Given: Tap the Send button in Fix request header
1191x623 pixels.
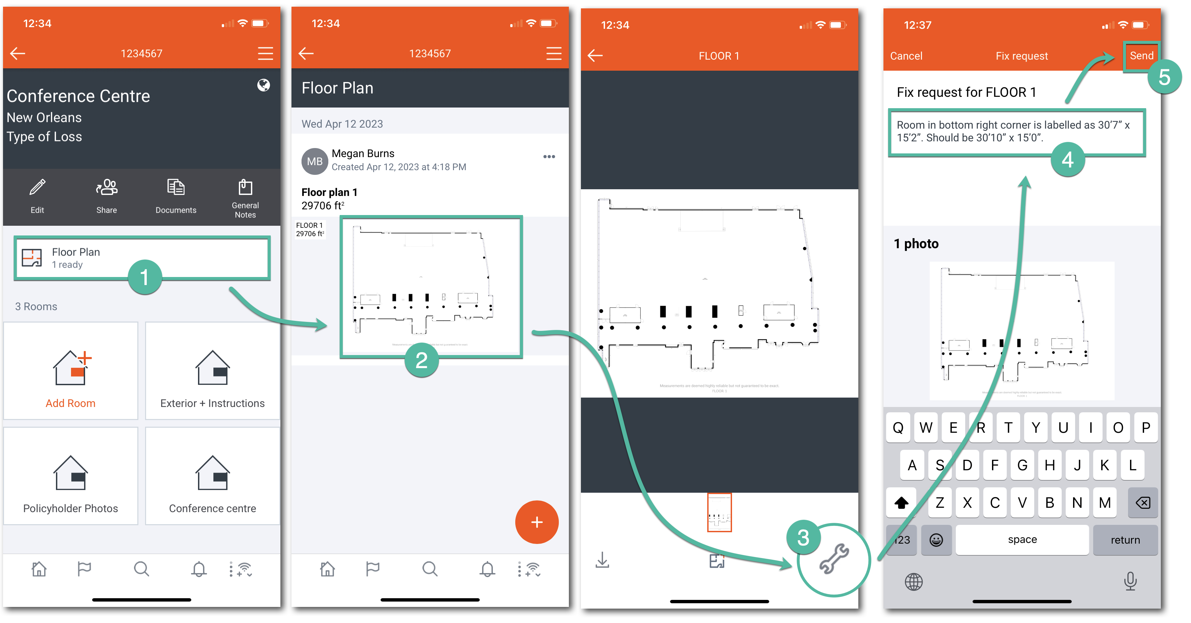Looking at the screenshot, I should click(x=1141, y=56).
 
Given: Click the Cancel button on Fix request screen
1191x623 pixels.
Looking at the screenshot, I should click(x=906, y=56).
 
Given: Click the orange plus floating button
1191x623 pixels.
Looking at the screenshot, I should click(x=536, y=522).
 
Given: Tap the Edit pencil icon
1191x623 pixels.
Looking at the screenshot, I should click(x=37, y=188).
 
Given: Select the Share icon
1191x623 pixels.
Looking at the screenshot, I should click(x=106, y=188).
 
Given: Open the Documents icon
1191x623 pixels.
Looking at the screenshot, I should click(x=176, y=188).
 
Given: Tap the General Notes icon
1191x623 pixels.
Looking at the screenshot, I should click(x=245, y=188).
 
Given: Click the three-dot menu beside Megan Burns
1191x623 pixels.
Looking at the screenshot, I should click(x=549, y=157).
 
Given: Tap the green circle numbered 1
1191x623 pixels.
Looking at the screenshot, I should click(x=145, y=277).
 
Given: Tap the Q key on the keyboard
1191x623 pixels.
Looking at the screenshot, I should click(x=898, y=427).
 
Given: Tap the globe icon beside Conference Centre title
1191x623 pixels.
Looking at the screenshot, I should click(x=264, y=85).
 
